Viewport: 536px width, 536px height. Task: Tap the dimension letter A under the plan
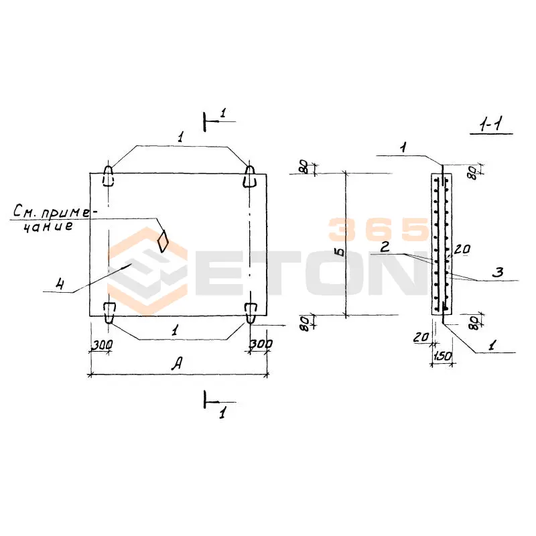coord(177,363)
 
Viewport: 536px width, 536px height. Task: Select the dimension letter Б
coord(340,253)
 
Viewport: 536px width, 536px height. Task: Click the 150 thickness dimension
coord(443,356)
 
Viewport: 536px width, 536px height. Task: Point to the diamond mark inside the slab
coord(163,241)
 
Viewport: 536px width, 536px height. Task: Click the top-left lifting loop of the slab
coord(108,176)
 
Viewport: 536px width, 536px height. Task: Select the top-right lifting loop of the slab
coord(249,176)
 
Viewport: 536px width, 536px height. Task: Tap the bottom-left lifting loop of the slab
coord(109,312)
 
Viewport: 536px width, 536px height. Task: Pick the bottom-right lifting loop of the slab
coord(251,313)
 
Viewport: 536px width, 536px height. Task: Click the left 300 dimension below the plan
coord(102,345)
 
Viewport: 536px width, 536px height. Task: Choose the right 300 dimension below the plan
coord(261,344)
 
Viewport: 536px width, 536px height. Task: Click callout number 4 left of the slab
coord(60,283)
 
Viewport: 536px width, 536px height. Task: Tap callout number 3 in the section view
coord(498,272)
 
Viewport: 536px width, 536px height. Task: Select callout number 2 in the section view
coord(385,247)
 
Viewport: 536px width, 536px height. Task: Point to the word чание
coord(48,226)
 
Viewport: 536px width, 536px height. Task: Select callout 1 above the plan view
coord(180,137)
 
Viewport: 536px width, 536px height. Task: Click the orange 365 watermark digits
coord(379,229)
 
